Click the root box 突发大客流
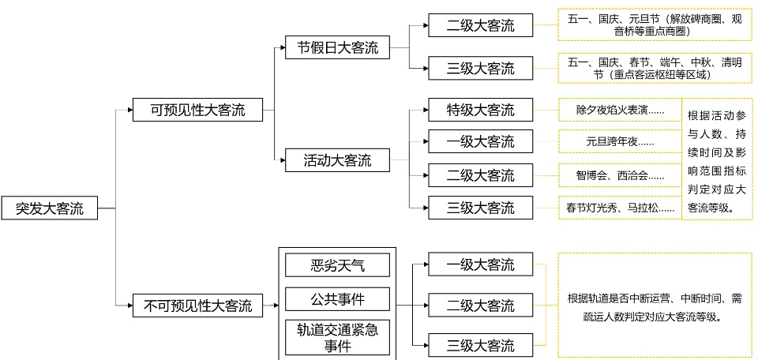coord(49,208)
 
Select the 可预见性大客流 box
coord(198,110)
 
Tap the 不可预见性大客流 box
coord(198,306)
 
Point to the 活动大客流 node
coord(337,161)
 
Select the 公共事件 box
coord(338,299)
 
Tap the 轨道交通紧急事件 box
coord(338,337)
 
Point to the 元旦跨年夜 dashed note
coord(618,143)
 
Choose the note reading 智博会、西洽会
coord(618,175)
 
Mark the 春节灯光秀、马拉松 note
coord(620,208)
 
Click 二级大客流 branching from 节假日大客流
coord(480,25)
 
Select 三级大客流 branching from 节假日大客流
coord(480,68)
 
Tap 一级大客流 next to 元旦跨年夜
coord(480,142)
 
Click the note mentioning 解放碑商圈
coord(654,25)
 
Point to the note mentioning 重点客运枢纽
coord(654,68)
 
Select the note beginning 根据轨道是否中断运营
coord(654,306)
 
